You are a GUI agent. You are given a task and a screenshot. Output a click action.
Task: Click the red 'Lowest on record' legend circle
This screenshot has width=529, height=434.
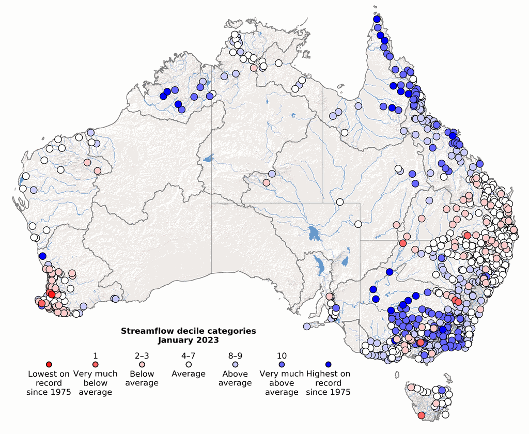[49, 365]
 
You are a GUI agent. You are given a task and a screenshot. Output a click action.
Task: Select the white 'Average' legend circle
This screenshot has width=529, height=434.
[189, 365]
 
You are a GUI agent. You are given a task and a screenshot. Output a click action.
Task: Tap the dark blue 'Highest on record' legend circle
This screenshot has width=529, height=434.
[329, 365]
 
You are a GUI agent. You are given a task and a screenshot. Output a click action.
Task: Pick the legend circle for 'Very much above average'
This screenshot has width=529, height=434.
[282, 365]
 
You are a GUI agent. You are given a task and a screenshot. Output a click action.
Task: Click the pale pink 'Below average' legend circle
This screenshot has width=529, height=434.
[142, 365]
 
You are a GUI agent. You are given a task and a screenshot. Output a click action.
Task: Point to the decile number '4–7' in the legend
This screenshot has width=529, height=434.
[189, 355]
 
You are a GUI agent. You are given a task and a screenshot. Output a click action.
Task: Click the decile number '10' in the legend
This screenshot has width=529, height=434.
[282, 355]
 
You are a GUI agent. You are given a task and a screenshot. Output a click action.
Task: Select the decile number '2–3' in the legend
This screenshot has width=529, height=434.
[142, 355]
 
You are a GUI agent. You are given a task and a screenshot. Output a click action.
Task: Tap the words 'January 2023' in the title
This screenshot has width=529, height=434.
[188, 340]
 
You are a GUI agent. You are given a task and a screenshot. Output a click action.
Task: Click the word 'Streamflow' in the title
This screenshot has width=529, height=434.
[147, 331]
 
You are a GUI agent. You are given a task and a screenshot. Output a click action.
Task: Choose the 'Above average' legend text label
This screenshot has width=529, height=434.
[235, 378]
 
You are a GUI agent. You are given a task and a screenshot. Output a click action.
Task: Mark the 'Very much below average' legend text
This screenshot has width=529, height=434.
[96, 383]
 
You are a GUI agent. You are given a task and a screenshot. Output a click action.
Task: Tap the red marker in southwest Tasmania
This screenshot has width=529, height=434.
[421, 415]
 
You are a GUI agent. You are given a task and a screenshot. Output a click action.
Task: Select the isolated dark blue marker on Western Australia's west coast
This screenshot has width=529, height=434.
[42, 256]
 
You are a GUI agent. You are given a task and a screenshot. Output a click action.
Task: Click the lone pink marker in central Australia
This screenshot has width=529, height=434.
[266, 182]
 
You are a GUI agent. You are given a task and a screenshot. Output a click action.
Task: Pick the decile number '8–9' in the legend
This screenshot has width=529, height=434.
[235, 355]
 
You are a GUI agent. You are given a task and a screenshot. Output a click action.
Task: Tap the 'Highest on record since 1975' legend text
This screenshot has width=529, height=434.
[329, 383]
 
